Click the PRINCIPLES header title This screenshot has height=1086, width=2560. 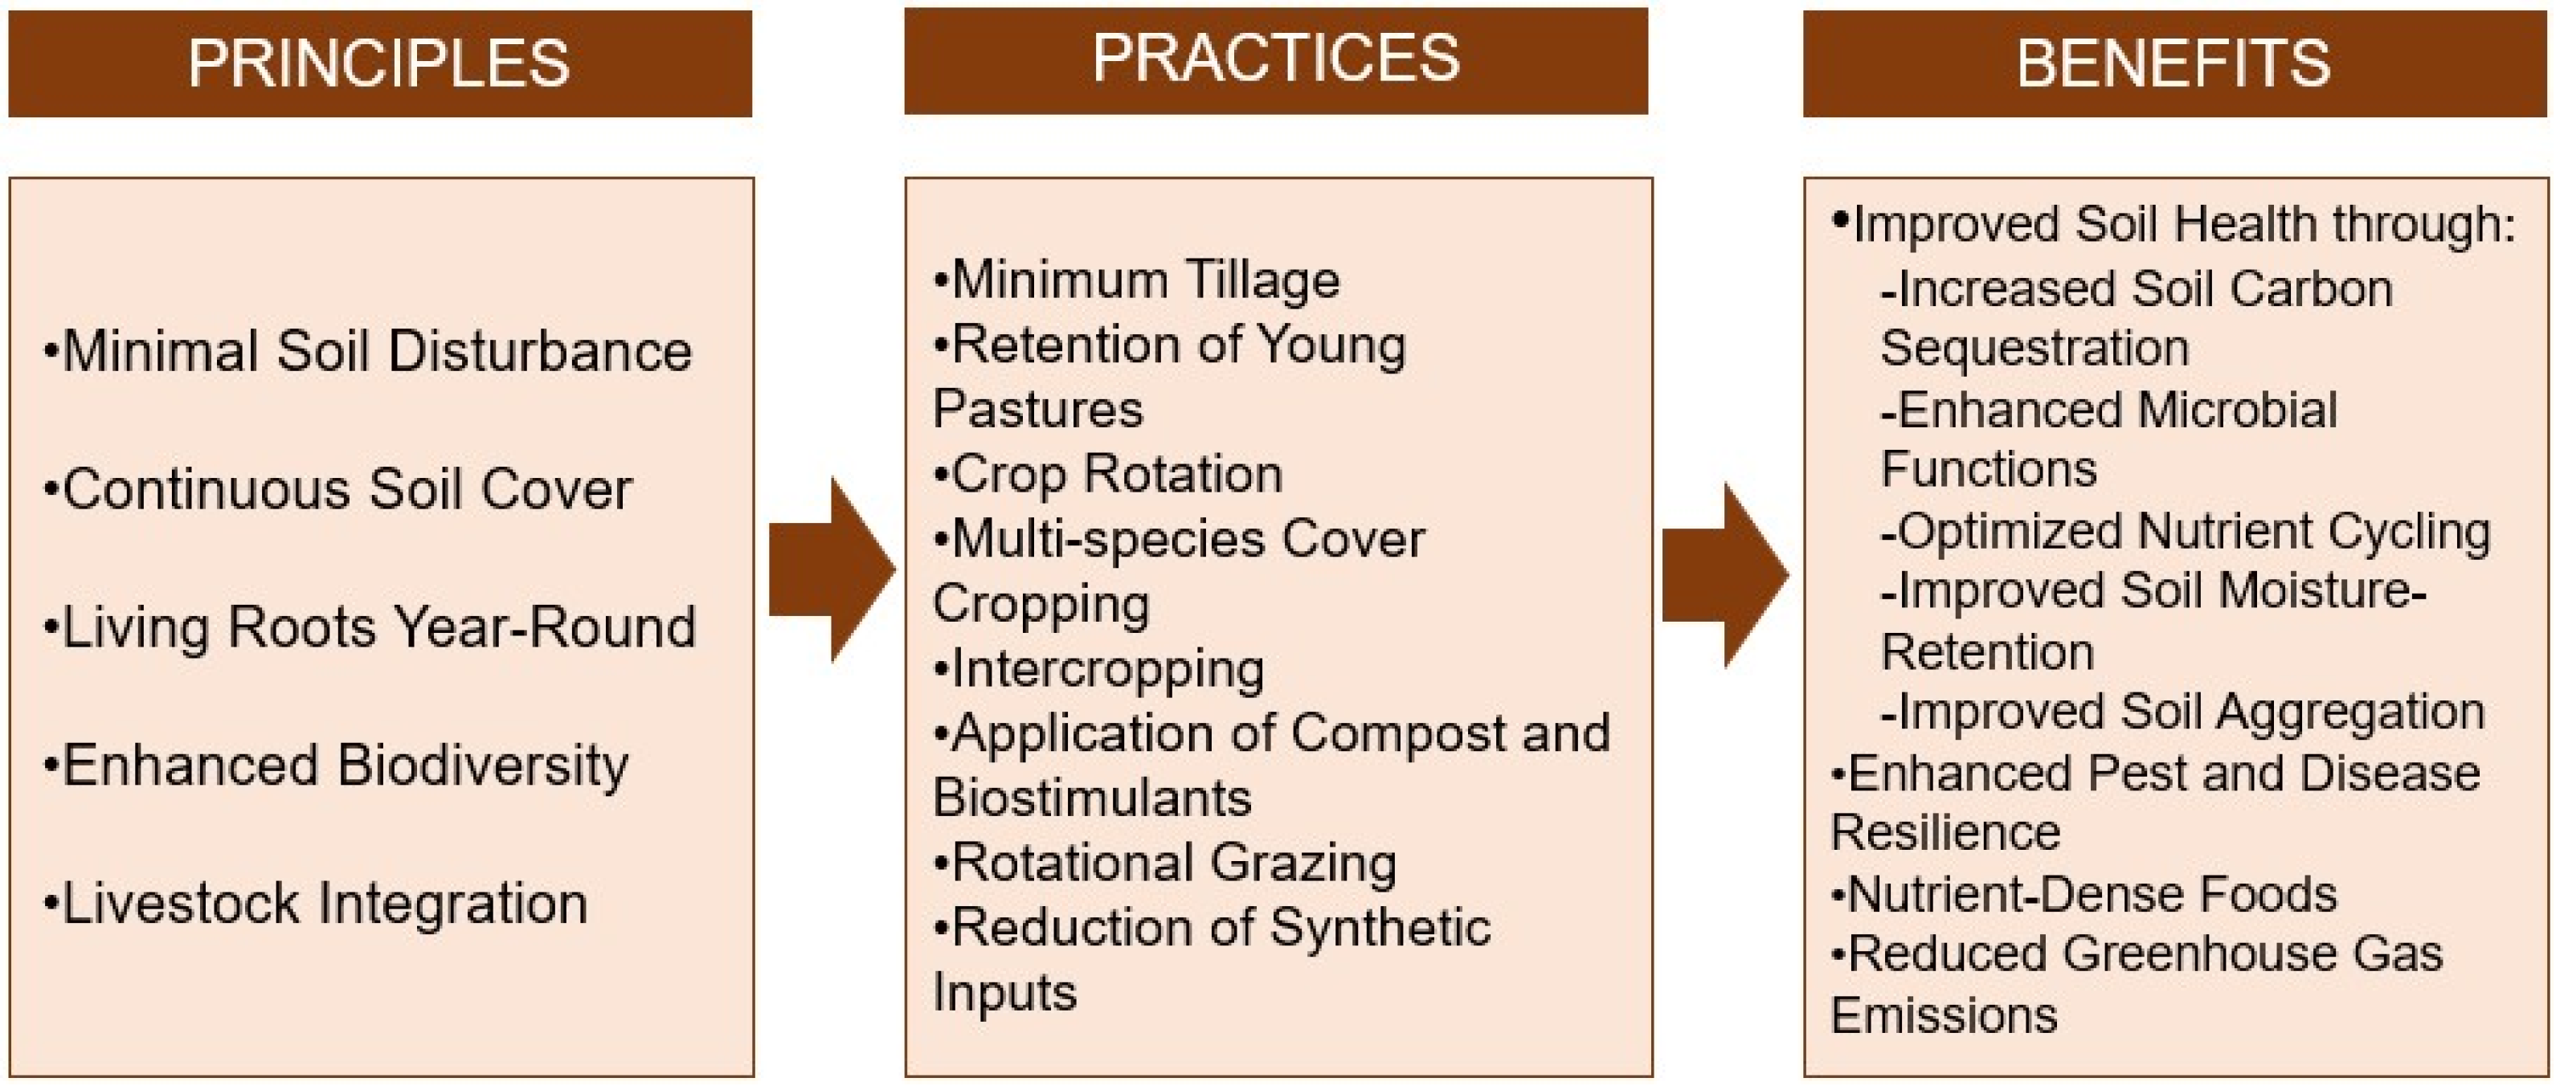[378, 63]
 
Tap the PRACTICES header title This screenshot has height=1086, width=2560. [1276, 58]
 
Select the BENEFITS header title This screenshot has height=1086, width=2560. [2174, 63]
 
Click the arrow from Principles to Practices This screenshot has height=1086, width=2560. [832, 570]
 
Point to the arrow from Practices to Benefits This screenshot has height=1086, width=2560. [1725, 575]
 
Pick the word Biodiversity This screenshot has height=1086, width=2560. [483, 766]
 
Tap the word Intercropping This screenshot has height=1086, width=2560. [1107, 668]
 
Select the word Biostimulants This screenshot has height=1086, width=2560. [1092, 798]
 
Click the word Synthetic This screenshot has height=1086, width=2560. [1380, 928]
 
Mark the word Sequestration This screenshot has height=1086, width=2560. [2035, 349]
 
